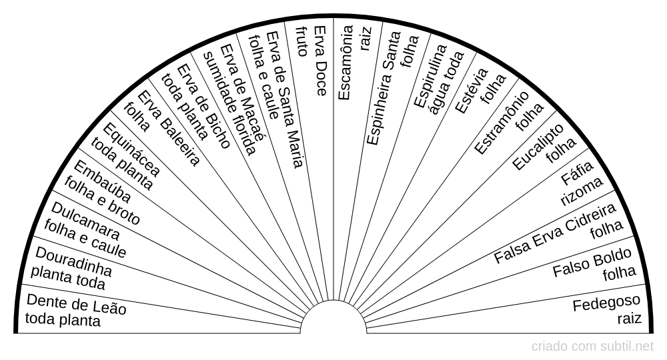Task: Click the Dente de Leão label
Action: (77, 304)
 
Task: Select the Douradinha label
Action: (73, 261)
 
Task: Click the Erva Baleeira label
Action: (169, 128)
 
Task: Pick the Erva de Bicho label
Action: (203, 106)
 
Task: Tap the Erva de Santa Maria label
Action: (285, 99)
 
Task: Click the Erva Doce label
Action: (320, 61)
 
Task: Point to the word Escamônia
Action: (346, 63)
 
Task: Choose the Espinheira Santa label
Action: (384, 88)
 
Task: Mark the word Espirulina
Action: (430, 77)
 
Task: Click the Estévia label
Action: (472, 91)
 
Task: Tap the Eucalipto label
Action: (538, 147)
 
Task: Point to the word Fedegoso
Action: (606, 303)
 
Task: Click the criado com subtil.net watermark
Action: (592, 347)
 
